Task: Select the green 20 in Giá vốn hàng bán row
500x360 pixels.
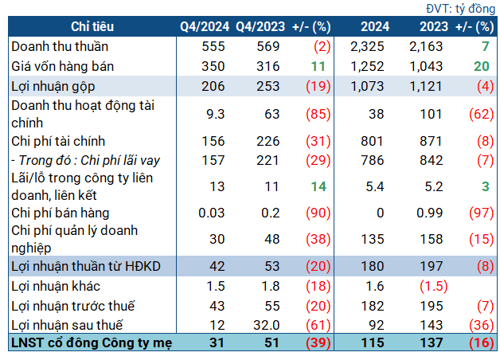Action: pyautogui.click(x=478, y=65)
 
